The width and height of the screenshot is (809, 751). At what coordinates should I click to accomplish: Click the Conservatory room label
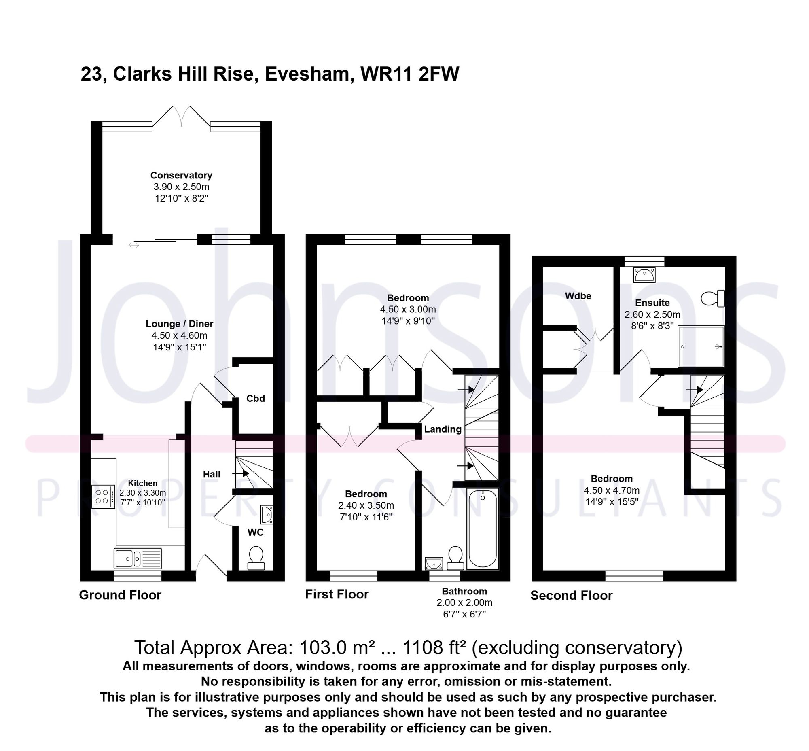point(181,175)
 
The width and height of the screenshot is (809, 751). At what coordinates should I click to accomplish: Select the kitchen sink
point(138,558)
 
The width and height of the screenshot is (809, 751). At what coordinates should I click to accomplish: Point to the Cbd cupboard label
point(255,398)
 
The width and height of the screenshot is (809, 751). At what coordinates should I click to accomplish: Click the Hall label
point(211,474)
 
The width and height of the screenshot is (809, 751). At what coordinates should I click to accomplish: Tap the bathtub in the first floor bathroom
point(482,529)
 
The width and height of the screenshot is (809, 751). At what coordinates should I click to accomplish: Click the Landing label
point(443,429)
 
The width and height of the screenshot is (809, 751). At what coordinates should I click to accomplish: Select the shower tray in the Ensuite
point(701,346)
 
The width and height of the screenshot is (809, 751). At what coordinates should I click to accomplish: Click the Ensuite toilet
point(713,298)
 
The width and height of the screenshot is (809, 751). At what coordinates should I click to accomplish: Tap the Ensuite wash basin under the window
point(644,275)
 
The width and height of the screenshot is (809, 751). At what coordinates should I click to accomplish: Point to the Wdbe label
point(578,296)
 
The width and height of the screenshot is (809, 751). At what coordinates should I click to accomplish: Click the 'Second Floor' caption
point(571,595)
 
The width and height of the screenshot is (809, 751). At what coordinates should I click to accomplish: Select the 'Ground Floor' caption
point(120,595)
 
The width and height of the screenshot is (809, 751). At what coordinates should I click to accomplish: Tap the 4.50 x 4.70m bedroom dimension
point(611,490)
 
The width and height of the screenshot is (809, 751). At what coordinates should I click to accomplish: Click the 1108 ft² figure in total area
point(434,648)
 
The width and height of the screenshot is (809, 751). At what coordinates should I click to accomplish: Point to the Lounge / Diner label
point(179,324)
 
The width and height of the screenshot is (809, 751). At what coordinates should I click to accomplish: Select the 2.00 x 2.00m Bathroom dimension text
point(464,602)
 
